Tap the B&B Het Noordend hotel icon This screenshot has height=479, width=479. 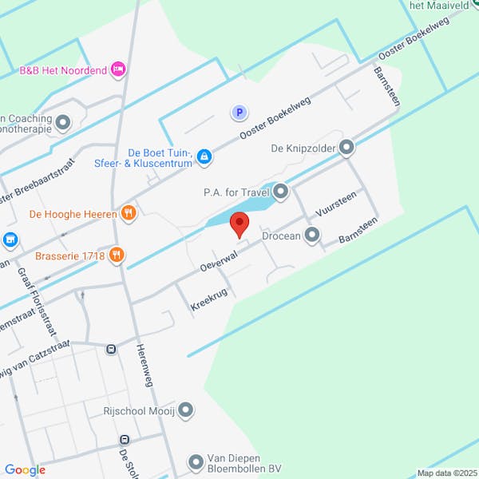[x=119, y=69]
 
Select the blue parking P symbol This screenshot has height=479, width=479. [x=239, y=113]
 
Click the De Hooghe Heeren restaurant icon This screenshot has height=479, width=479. [x=128, y=213]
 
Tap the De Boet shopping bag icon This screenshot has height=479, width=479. [x=205, y=156]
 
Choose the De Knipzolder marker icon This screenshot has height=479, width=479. [x=346, y=147]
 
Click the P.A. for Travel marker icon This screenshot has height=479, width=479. [x=281, y=191]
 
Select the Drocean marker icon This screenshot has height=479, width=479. [x=312, y=235]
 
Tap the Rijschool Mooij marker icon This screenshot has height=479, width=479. [x=186, y=411]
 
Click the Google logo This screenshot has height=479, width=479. [x=25, y=470]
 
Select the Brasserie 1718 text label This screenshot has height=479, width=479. [x=70, y=256]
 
